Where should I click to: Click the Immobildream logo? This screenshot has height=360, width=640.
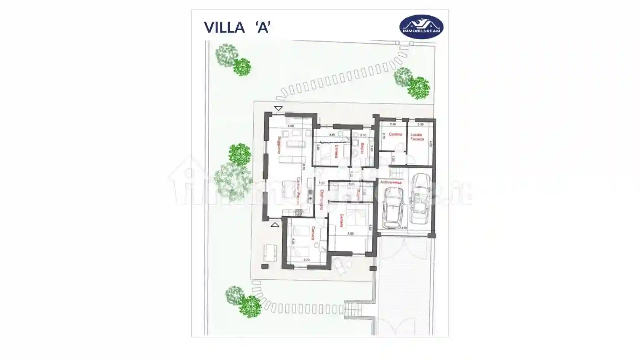coord(421,27)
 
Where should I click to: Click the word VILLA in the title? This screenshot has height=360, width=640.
coord(224,27)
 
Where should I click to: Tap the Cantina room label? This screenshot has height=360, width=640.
coord(395,134)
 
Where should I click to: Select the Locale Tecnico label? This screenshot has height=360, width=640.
coord(417,137)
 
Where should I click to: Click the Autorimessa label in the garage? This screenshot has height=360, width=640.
coord(391,182)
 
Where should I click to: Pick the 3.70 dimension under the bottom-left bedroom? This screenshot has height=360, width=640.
coord(306,260)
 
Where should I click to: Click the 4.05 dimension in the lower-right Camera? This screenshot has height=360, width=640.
coord(350,234)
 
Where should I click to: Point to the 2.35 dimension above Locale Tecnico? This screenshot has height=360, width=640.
coord(421,125)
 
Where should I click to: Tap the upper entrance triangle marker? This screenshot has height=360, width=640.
coord(278,109)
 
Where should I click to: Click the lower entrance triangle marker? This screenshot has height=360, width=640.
coord(275,225)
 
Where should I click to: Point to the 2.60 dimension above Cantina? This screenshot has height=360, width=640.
coord(393,125)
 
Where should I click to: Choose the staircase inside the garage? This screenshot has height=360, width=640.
coord(397,174)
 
